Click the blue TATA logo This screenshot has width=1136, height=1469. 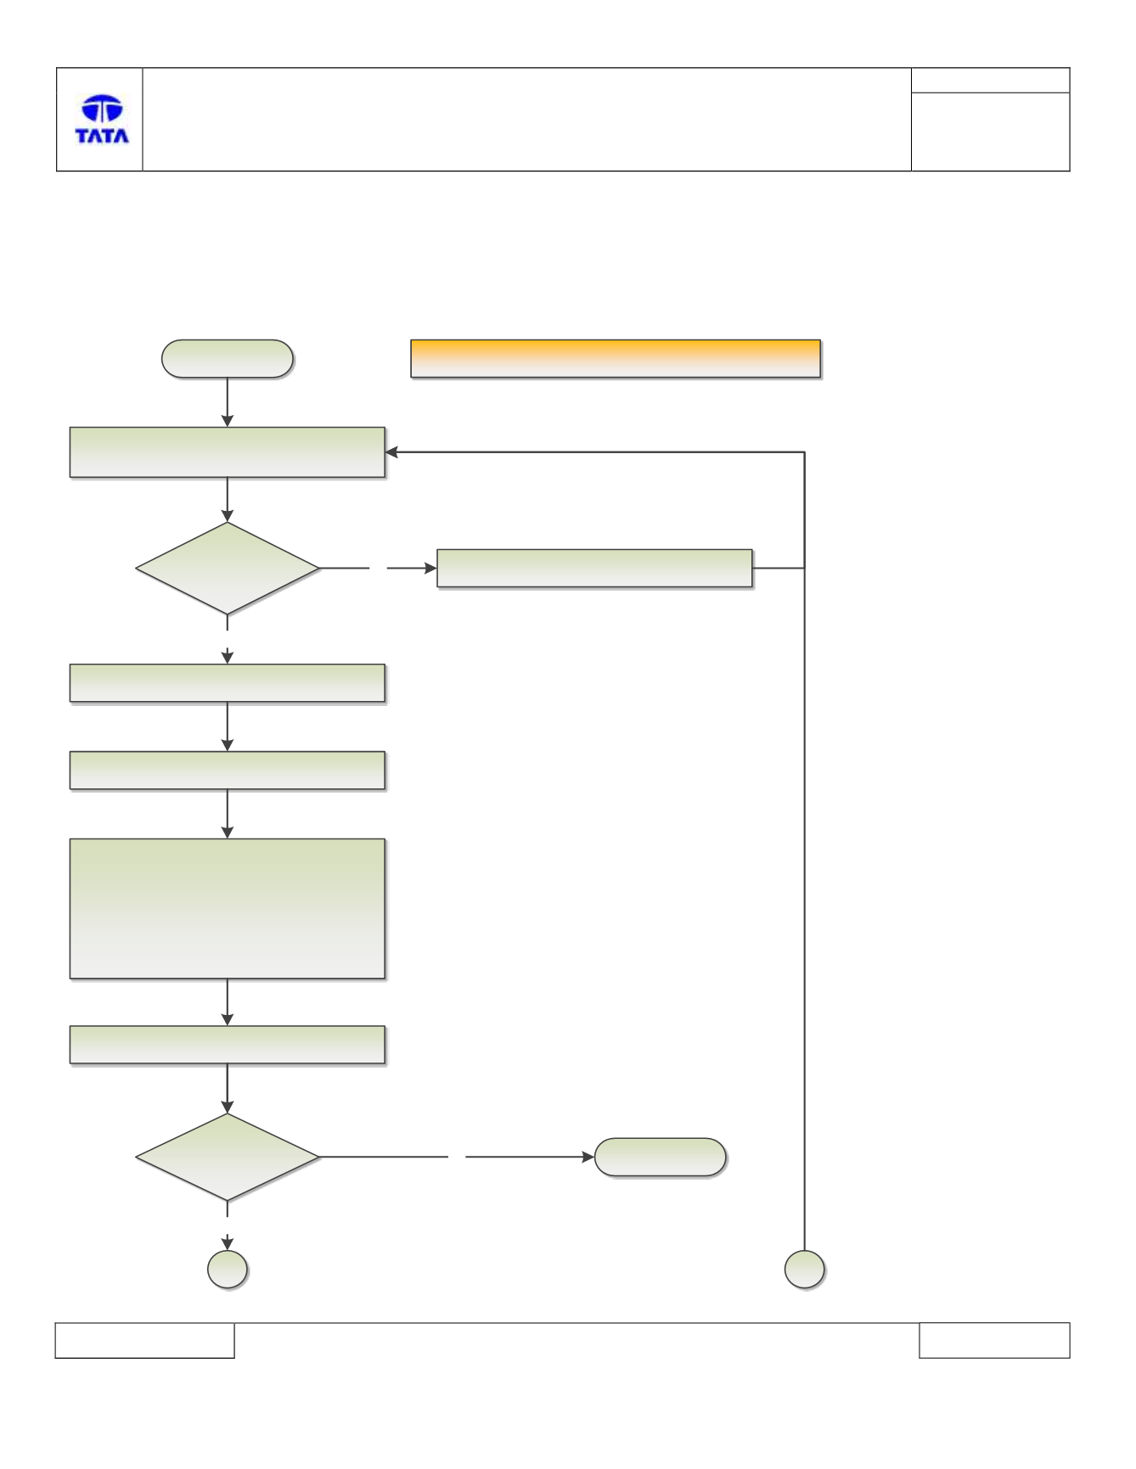tap(102, 119)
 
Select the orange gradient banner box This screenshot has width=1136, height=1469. tap(616, 358)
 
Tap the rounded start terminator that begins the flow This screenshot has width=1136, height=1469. tap(228, 358)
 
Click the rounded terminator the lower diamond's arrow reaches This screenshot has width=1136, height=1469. tap(661, 1157)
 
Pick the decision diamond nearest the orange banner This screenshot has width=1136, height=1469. tap(228, 568)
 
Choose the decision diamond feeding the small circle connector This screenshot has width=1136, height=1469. tap(228, 1157)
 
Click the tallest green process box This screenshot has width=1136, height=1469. tap(228, 909)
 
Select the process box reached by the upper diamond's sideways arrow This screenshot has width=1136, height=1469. tap(594, 568)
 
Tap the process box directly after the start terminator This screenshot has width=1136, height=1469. tap(228, 452)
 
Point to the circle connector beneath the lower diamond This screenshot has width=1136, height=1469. tap(228, 1270)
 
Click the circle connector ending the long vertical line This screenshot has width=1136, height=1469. tap(805, 1270)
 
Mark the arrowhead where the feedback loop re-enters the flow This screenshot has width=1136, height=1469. tap(391, 452)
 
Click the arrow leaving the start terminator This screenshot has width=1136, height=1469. tap(228, 402)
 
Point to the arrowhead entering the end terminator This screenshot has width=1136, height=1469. tap(588, 1157)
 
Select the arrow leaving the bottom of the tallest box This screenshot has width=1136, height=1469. tap(228, 1002)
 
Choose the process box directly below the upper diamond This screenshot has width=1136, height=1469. tap(228, 683)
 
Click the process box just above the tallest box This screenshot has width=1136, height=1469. tap(228, 771)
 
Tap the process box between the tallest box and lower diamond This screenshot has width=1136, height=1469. tap(228, 1045)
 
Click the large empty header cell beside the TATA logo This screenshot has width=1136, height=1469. tap(526, 120)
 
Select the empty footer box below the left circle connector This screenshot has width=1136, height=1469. tap(144, 1340)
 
